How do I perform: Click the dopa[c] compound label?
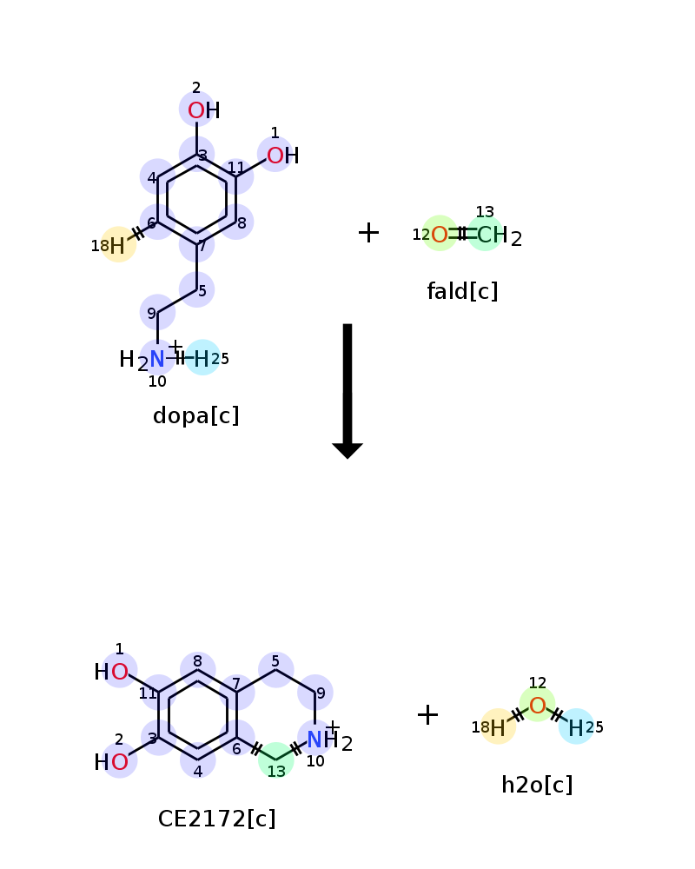click(x=195, y=415)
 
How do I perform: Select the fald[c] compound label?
click(x=462, y=291)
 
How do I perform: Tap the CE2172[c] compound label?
click(x=216, y=819)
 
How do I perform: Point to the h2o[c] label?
click(x=537, y=785)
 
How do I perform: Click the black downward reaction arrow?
click(x=347, y=391)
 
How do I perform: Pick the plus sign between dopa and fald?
click(x=368, y=232)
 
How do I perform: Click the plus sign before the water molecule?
click(x=427, y=714)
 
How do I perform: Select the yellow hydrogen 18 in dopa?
click(x=117, y=246)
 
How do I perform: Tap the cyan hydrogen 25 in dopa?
click(x=202, y=359)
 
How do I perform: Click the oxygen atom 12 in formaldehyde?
click(x=440, y=235)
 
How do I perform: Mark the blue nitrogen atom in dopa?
click(x=157, y=359)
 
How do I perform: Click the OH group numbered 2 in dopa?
click(x=204, y=110)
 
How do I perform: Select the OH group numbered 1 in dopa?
click(x=282, y=156)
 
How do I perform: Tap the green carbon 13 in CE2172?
click(x=276, y=760)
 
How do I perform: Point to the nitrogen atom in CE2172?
click(x=314, y=740)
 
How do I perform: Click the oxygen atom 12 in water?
click(x=537, y=706)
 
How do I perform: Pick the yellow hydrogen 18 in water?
click(x=498, y=728)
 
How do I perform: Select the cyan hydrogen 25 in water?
click(x=576, y=728)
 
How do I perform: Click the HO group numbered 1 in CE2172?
click(x=111, y=672)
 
